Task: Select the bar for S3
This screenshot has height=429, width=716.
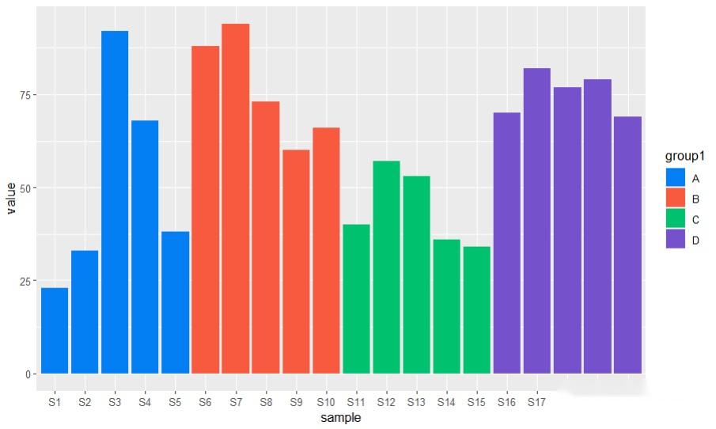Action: coord(115,202)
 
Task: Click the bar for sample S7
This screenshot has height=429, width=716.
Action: coord(235,198)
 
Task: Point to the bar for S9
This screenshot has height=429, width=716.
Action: coord(296,261)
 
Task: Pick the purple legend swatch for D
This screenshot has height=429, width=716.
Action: coord(675,239)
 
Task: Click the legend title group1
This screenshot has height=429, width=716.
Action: coord(685,157)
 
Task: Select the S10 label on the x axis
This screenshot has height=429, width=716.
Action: coord(326,402)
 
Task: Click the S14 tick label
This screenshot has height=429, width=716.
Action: coord(446,402)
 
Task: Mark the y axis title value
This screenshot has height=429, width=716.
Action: coord(10,198)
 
